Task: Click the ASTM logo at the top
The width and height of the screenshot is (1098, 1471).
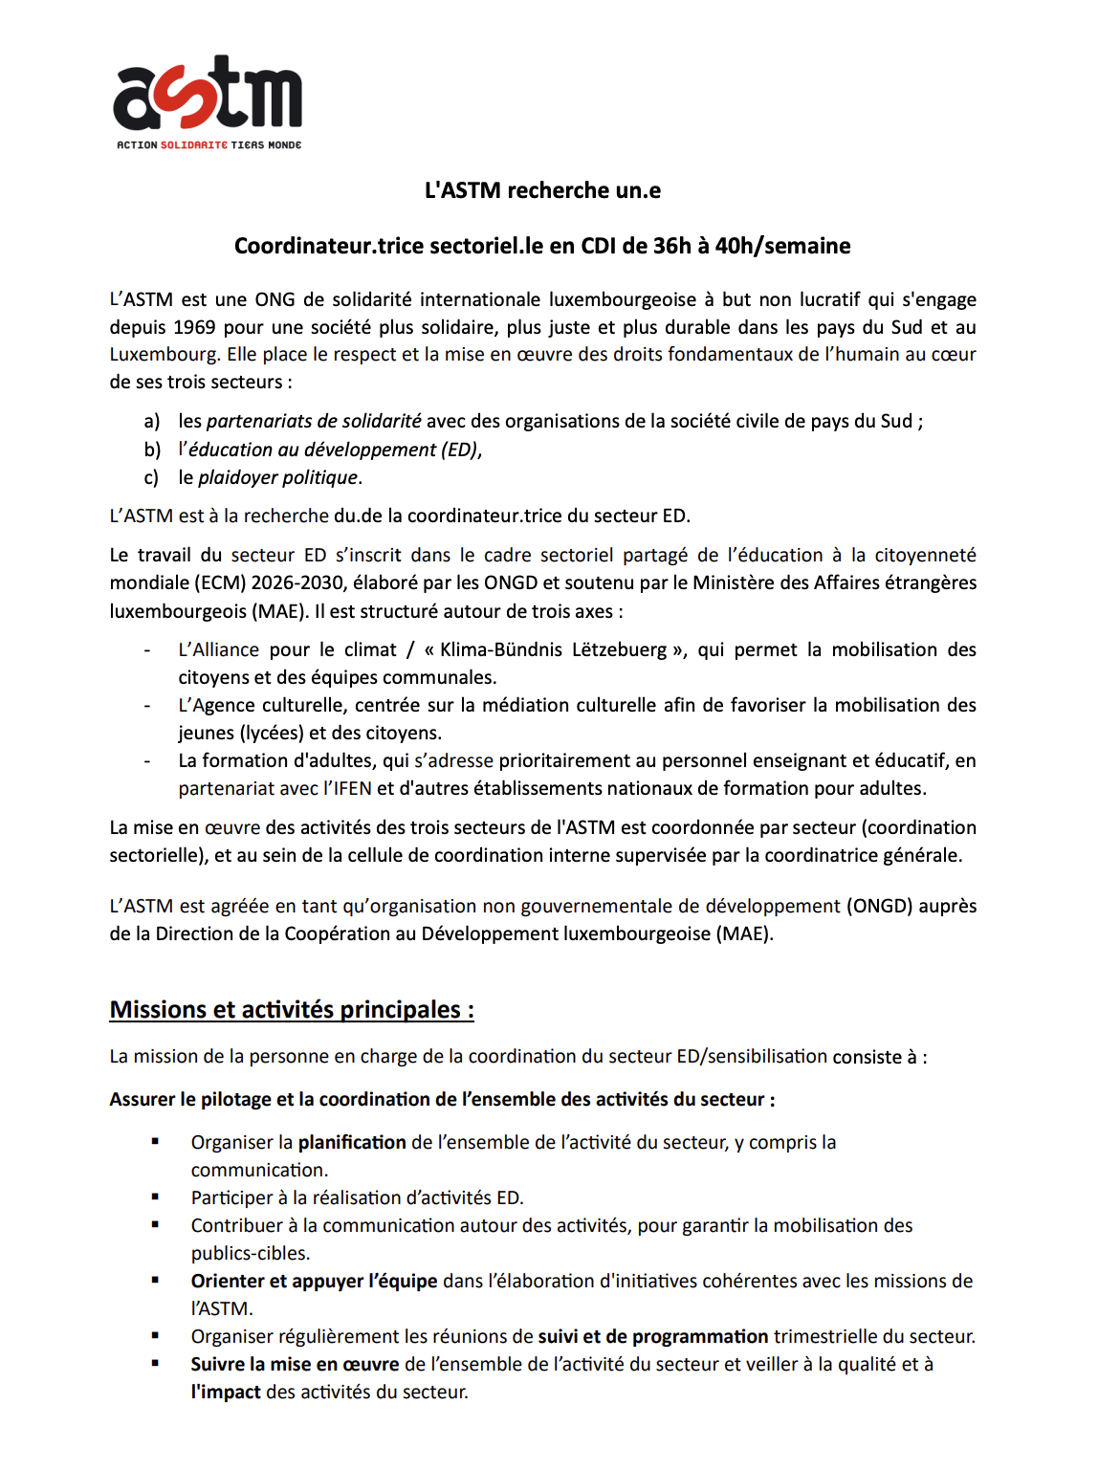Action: pos(208,94)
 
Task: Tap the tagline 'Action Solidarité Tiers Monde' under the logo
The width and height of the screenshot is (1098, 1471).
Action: pos(209,145)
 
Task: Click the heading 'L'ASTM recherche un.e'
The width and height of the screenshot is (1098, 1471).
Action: pos(542,190)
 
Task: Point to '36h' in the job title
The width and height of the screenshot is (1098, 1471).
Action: pos(672,246)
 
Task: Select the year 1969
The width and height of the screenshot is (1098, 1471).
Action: pos(194,327)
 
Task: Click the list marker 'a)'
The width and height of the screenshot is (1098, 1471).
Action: pos(152,421)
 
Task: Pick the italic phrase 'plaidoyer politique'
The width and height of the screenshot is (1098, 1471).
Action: pos(278,477)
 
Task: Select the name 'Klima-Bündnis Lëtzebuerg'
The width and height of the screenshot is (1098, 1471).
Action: pos(553,649)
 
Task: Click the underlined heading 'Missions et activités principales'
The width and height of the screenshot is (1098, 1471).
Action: pos(292,1010)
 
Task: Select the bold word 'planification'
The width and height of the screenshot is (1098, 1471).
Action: pos(352,1142)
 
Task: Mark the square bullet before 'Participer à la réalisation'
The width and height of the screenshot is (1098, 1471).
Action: pos(155,1197)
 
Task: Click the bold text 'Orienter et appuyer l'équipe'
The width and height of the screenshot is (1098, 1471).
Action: pos(314,1281)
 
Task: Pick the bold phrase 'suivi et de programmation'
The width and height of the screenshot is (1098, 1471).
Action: pos(653,1336)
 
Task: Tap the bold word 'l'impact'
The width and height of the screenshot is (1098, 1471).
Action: pos(226,1392)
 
